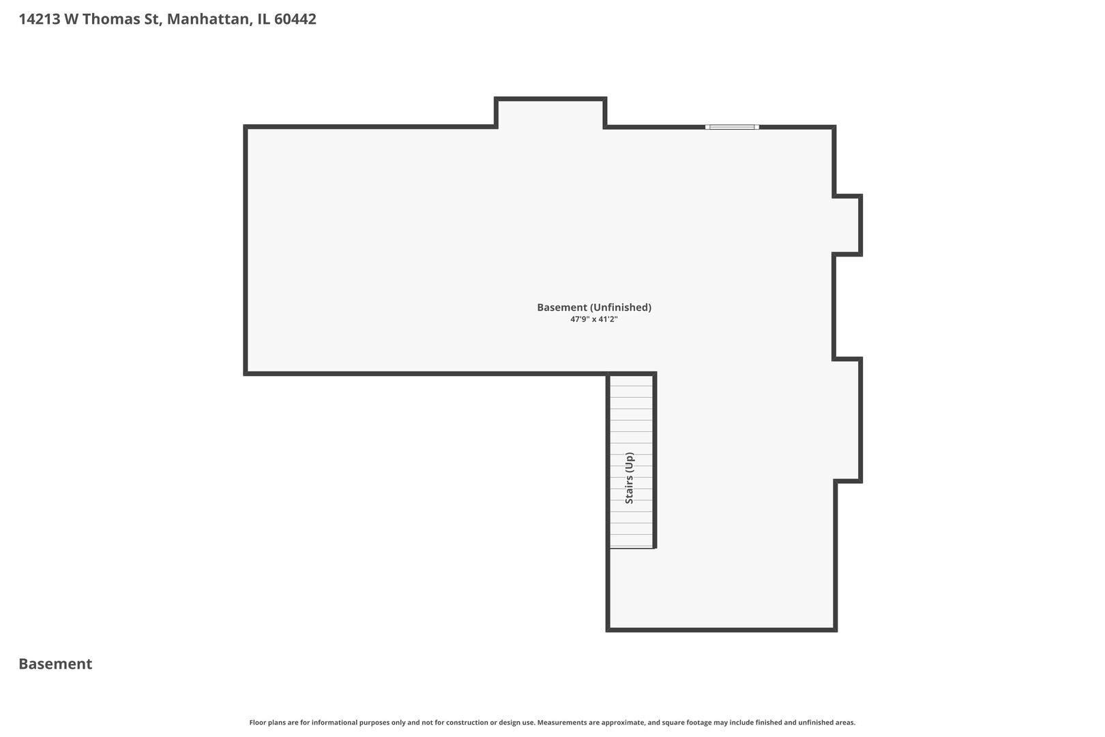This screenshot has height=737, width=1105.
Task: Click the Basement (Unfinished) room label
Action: coord(593,307)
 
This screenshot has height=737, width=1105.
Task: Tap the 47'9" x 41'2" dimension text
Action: coord(593,319)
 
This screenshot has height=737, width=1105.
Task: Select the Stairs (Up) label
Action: coord(630,478)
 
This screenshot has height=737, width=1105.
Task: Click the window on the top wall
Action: coord(732,127)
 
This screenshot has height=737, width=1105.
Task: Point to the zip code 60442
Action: coord(295,19)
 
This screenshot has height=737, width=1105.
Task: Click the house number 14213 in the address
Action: coord(40,19)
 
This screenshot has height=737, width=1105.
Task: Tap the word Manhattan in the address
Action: coord(208,19)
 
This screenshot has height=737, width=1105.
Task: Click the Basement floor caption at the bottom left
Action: coord(55,664)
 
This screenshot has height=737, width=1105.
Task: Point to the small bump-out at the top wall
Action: coord(550,113)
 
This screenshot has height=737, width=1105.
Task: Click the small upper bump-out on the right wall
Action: coord(848,225)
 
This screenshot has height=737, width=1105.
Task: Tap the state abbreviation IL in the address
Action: coord(263,19)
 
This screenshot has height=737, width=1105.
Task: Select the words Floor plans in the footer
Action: coord(266,722)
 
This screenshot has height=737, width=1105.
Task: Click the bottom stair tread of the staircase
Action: coord(631,540)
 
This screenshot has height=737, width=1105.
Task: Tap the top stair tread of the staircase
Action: coord(631,380)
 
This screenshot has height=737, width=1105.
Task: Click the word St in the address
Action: coord(151,19)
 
